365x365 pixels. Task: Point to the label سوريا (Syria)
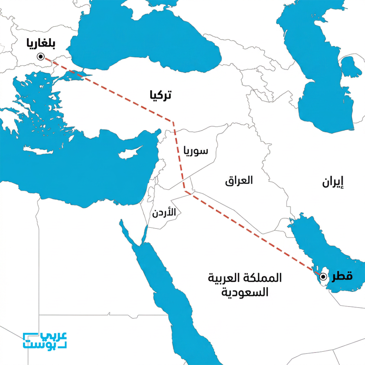[x=196, y=150]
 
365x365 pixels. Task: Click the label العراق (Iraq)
[x=239, y=180]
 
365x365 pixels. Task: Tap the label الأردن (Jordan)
[x=164, y=213]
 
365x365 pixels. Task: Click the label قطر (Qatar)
[x=343, y=276]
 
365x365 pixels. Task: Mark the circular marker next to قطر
[x=323, y=276]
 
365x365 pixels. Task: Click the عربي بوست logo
[x=45, y=341]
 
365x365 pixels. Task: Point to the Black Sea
[x=143, y=39]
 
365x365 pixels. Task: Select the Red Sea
[x=168, y=285]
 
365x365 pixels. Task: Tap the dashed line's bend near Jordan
[x=185, y=191]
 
